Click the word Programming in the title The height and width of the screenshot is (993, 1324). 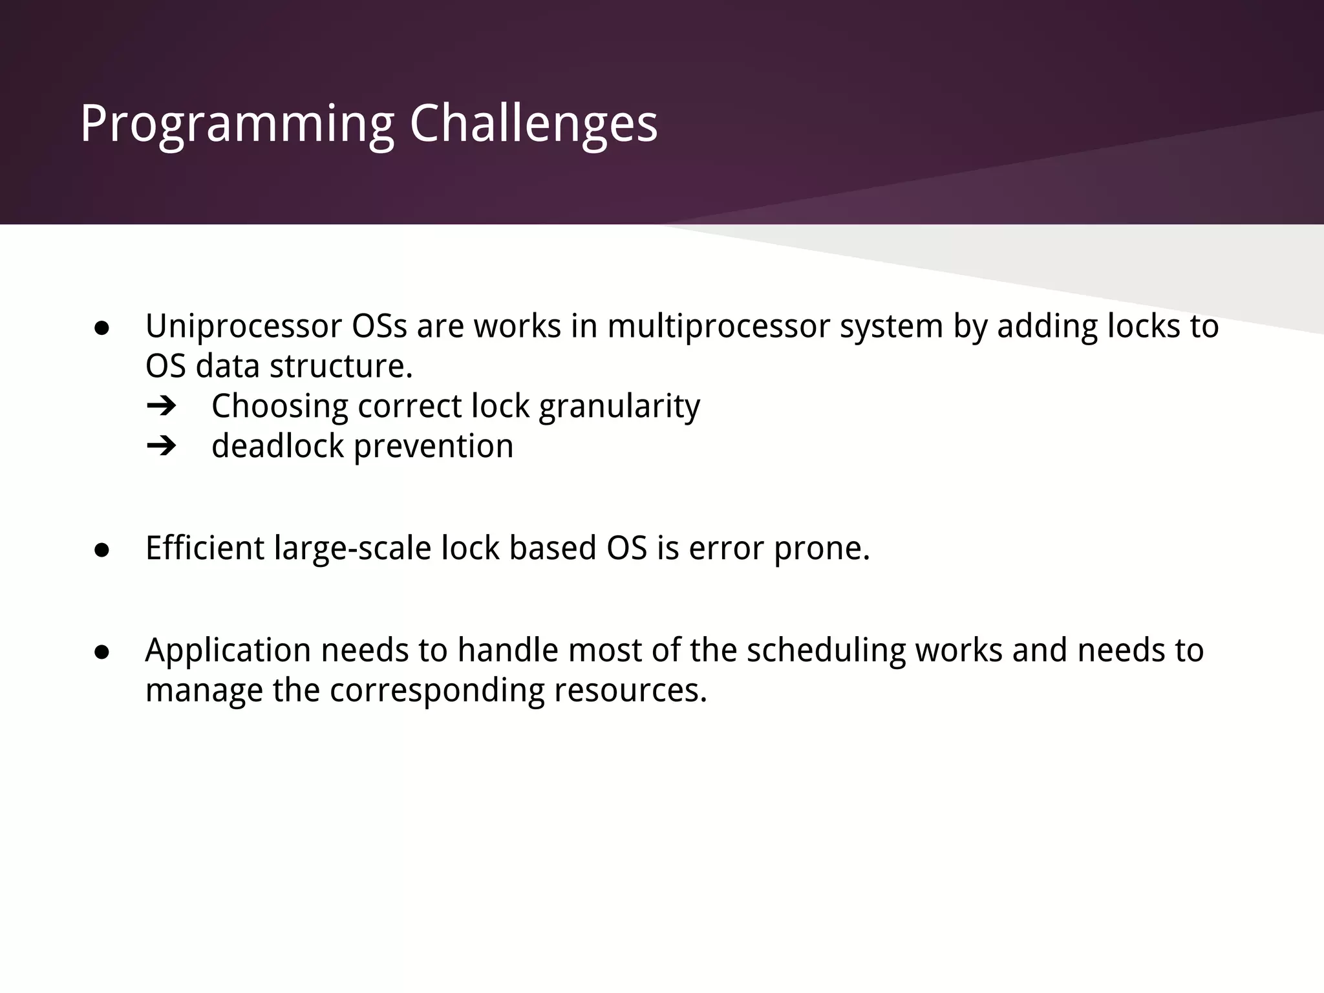point(237,124)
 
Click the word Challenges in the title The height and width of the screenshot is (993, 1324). point(533,124)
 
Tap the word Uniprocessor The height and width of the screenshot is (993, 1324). point(243,326)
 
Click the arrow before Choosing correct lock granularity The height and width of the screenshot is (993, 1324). point(161,407)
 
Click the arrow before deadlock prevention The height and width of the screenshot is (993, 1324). point(161,446)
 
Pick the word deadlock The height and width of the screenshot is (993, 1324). point(277,446)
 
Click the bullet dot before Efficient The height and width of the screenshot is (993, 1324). point(101,550)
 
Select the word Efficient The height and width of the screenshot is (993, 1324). point(205,548)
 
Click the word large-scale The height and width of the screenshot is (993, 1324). point(352,550)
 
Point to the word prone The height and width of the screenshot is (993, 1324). point(822,550)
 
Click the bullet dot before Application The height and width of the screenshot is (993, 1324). point(101,652)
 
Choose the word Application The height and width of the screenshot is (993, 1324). point(228,651)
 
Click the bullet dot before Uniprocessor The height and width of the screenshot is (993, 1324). point(101,328)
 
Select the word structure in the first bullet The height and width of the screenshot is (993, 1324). point(341,367)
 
